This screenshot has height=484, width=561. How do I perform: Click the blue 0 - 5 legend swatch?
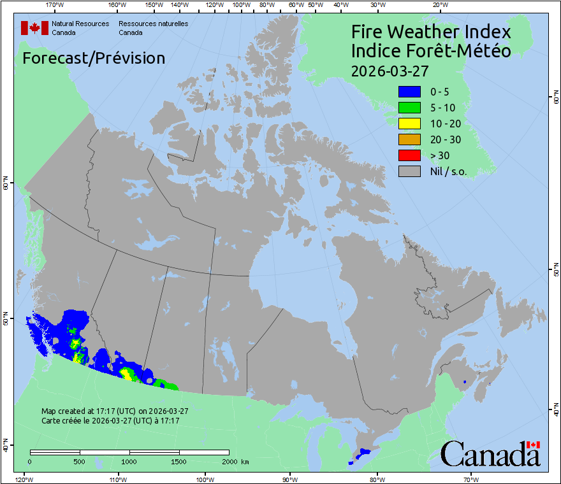pyautogui.click(x=409, y=92)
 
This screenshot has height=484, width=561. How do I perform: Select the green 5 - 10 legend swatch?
pyautogui.click(x=409, y=108)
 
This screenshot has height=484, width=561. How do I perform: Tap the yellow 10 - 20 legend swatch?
pyautogui.click(x=409, y=124)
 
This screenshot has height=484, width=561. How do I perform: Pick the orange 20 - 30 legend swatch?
pyautogui.click(x=409, y=139)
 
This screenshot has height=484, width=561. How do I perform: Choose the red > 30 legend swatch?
pyautogui.click(x=409, y=155)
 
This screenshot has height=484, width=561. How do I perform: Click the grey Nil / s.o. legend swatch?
pyautogui.click(x=409, y=171)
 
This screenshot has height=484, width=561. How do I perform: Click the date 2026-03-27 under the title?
pyautogui.click(x=389, y=70)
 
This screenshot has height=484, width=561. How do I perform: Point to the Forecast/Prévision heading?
pyautogui.click(x=94, y=58)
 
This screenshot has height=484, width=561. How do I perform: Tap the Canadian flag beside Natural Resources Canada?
pyautogui.click(x=34, y=28)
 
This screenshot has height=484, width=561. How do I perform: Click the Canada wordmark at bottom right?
pyautogui.click(x=490, y=454)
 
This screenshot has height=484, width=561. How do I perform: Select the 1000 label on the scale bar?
pyautogui.click(x=129, y=461)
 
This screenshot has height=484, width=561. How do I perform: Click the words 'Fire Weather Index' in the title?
pyautogui.click(x=431, y=32)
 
